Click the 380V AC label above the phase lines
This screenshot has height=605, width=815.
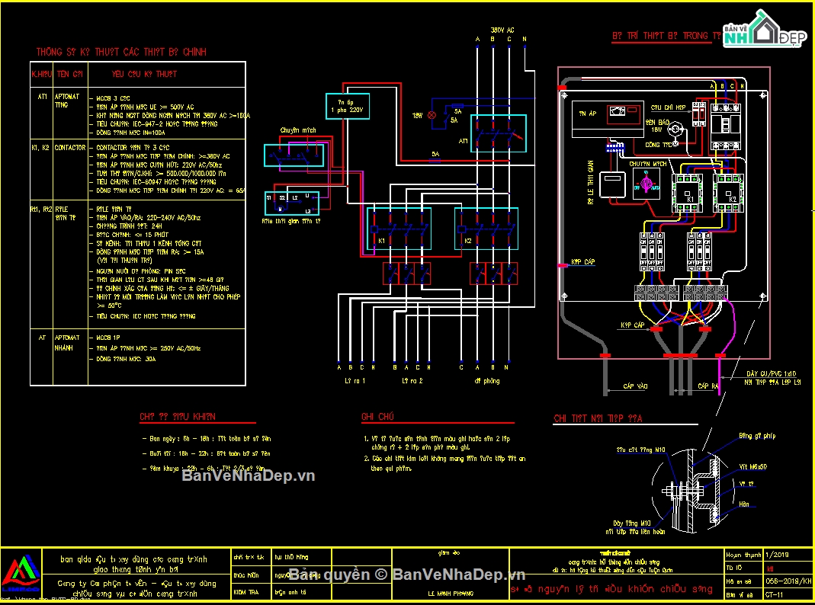tap(502, 29)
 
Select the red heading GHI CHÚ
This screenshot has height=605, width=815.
tap(377, 417)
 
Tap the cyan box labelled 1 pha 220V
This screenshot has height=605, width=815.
tap(347, 106)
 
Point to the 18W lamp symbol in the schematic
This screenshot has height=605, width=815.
tap(431, 115)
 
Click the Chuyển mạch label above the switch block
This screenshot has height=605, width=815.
tap(298, 130)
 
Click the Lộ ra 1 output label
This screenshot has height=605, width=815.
tap(355, 380)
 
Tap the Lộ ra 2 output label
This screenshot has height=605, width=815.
tap(412, 380)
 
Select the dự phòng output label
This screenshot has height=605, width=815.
tap(486, 380)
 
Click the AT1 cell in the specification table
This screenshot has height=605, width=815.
tap(43, 98)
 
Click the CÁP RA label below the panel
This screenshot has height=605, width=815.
tap(707, 387)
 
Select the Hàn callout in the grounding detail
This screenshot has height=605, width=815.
tap(743, 504)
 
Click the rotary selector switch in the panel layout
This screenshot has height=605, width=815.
tap(646, 184)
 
